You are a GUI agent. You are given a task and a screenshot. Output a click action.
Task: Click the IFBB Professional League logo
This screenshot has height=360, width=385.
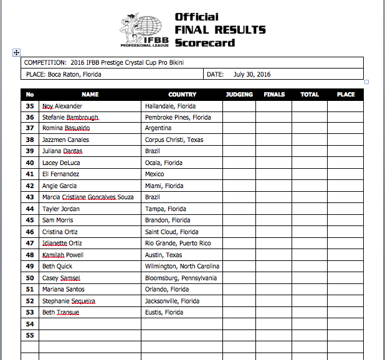(144, 29)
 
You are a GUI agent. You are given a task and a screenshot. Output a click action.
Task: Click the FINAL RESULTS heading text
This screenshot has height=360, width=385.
(220, 29)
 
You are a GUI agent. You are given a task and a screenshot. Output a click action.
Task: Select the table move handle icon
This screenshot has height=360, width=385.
(17, 53)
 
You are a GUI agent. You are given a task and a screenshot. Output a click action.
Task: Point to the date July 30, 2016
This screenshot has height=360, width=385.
(252, 74)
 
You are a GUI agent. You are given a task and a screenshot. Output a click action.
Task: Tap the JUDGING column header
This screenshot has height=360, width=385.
(239, 95)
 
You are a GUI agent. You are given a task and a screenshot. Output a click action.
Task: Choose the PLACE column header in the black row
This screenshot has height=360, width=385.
(345, 95)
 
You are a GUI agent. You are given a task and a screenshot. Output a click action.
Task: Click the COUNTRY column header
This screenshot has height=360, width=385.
(182, 95)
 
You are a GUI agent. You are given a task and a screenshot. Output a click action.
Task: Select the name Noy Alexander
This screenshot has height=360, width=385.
(61, 106)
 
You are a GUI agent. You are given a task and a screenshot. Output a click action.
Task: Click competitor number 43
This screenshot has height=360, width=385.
(29, 197)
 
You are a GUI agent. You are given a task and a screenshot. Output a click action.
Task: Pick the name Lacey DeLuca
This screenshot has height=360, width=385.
(61, 163)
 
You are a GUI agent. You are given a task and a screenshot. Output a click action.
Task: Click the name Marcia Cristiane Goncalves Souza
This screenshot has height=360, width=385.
(88, 197)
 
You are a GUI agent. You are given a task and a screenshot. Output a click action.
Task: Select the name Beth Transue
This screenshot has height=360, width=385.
(60, 312)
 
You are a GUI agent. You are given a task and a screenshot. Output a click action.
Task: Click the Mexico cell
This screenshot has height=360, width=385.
(154, 174)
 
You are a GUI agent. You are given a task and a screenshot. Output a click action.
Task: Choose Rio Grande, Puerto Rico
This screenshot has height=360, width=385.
(178, 243)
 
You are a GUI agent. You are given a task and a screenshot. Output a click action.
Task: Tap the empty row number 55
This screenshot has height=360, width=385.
(29, 335)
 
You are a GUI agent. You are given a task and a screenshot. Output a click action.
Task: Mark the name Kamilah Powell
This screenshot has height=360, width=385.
(63, 255)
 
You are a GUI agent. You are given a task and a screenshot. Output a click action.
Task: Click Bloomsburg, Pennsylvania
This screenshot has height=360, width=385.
(181, 278)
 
